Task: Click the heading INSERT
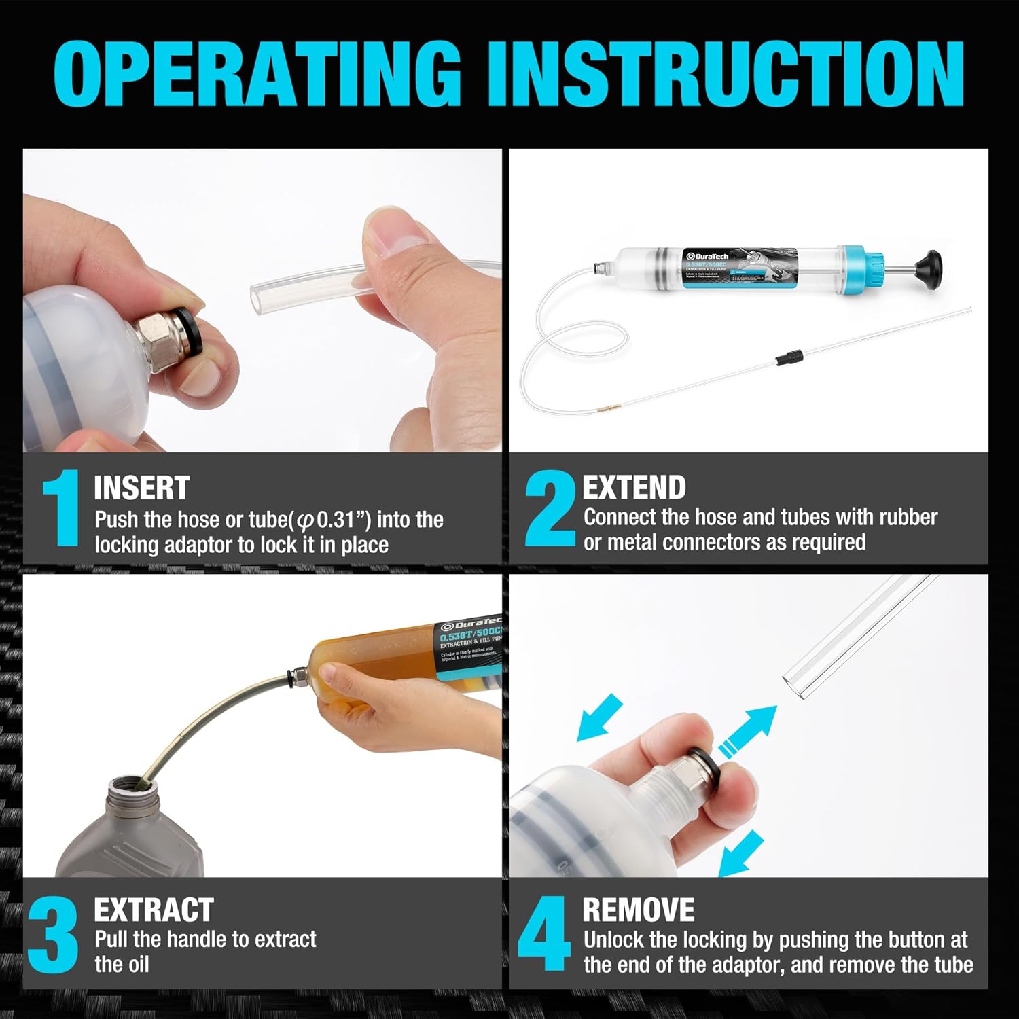pos(141,488)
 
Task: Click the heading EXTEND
pos(634,487)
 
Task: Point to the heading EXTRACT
pos(154,910)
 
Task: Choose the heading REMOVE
pos(638,910)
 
